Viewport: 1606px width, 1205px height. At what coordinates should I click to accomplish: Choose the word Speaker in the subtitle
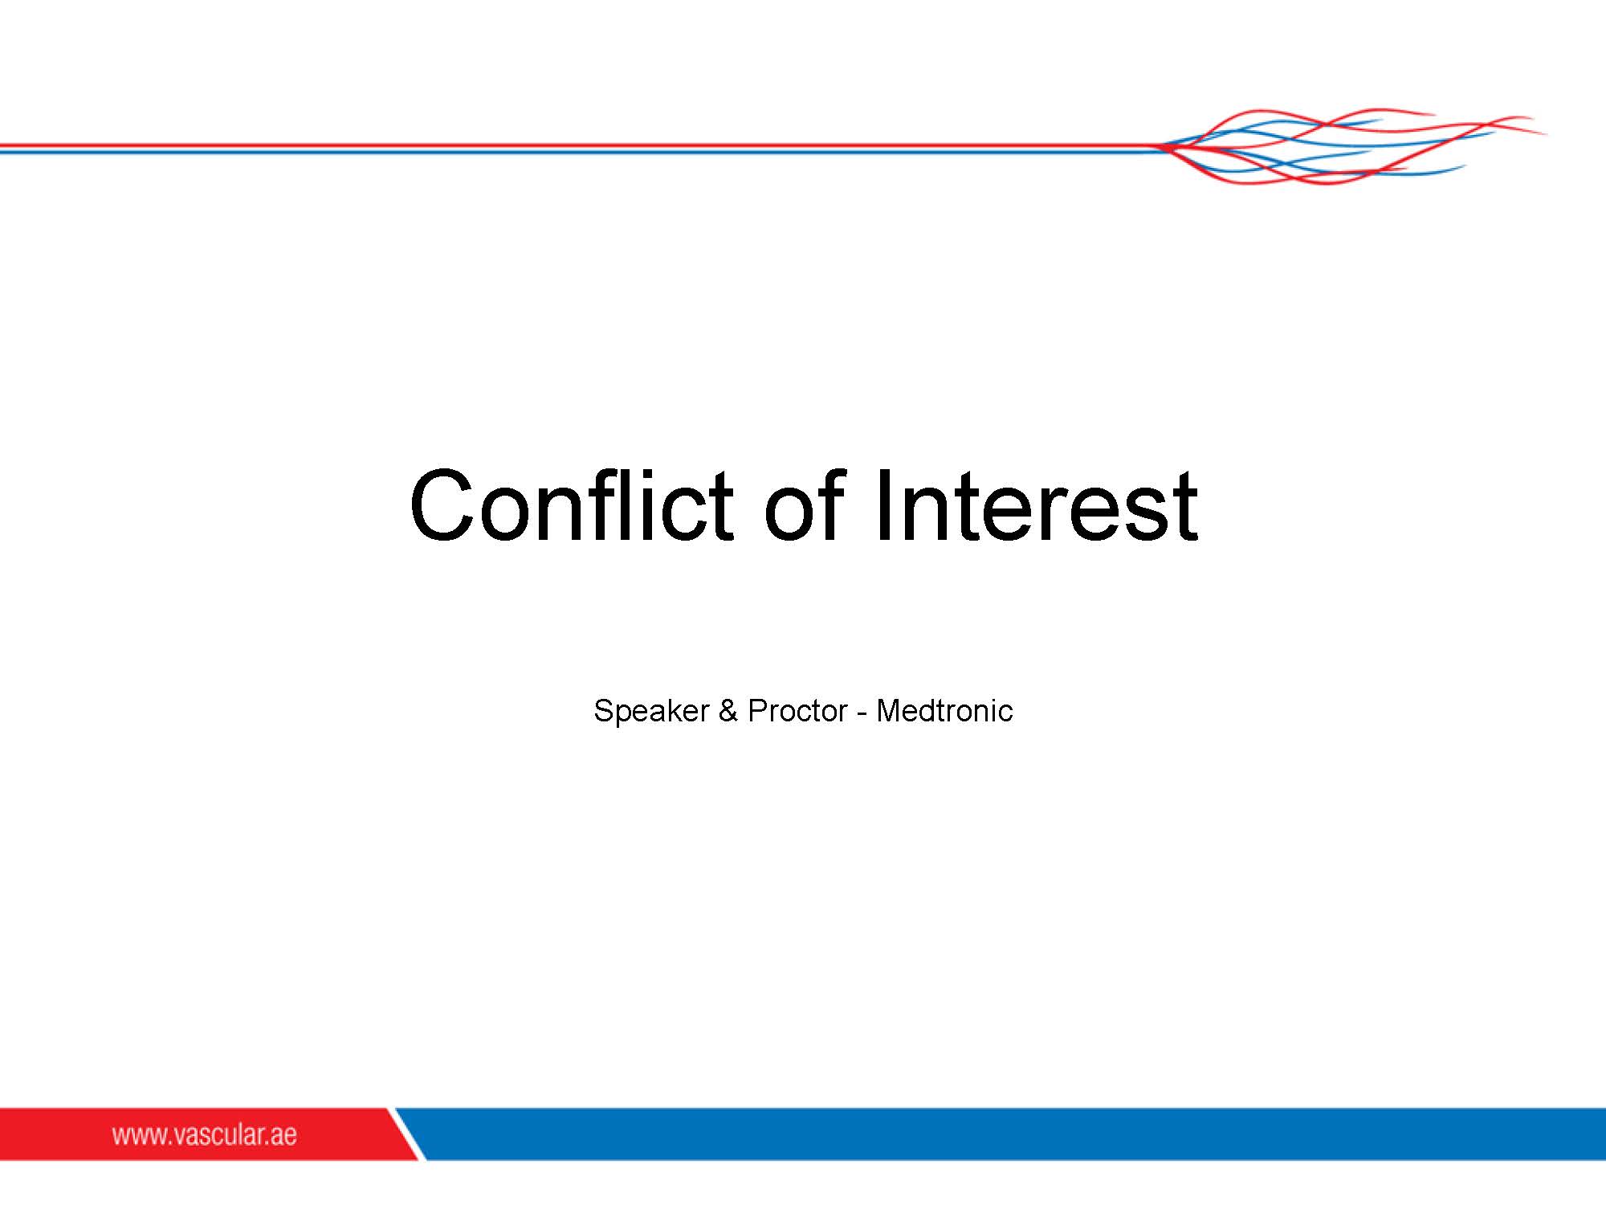click(651, 711)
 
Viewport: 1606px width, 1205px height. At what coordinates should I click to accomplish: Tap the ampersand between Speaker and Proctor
click(728, 711)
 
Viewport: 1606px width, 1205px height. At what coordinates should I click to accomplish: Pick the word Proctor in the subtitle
click(797, 711)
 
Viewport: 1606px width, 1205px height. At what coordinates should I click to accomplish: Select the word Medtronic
click(944, 711)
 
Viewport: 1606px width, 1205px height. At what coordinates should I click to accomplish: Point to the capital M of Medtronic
click(888, 711)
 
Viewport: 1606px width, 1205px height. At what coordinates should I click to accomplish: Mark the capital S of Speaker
click(604, 711)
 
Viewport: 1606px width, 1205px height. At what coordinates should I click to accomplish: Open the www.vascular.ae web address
click(205, 1134)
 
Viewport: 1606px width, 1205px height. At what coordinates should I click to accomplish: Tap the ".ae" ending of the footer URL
click(282, 1137)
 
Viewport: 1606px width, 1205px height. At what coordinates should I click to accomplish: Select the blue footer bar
click(1012, 1134)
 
